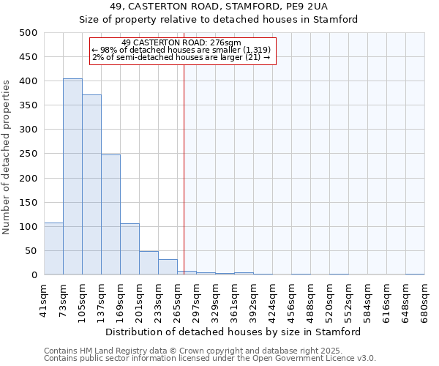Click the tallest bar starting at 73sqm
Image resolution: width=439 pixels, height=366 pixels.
[72, 176]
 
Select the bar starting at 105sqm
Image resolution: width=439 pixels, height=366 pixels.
[91, 184]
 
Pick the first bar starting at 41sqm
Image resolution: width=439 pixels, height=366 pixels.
[53, 249]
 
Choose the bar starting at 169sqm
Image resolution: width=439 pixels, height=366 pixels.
[130, 249]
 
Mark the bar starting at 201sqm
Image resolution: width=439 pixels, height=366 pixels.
[149, 263]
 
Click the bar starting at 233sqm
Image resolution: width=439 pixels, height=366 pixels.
[168, 267]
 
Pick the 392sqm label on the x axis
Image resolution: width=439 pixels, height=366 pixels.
[254, 299]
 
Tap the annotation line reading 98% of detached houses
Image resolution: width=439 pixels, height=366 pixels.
[182, 50]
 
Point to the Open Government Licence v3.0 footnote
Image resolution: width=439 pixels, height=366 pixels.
[210, 359]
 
